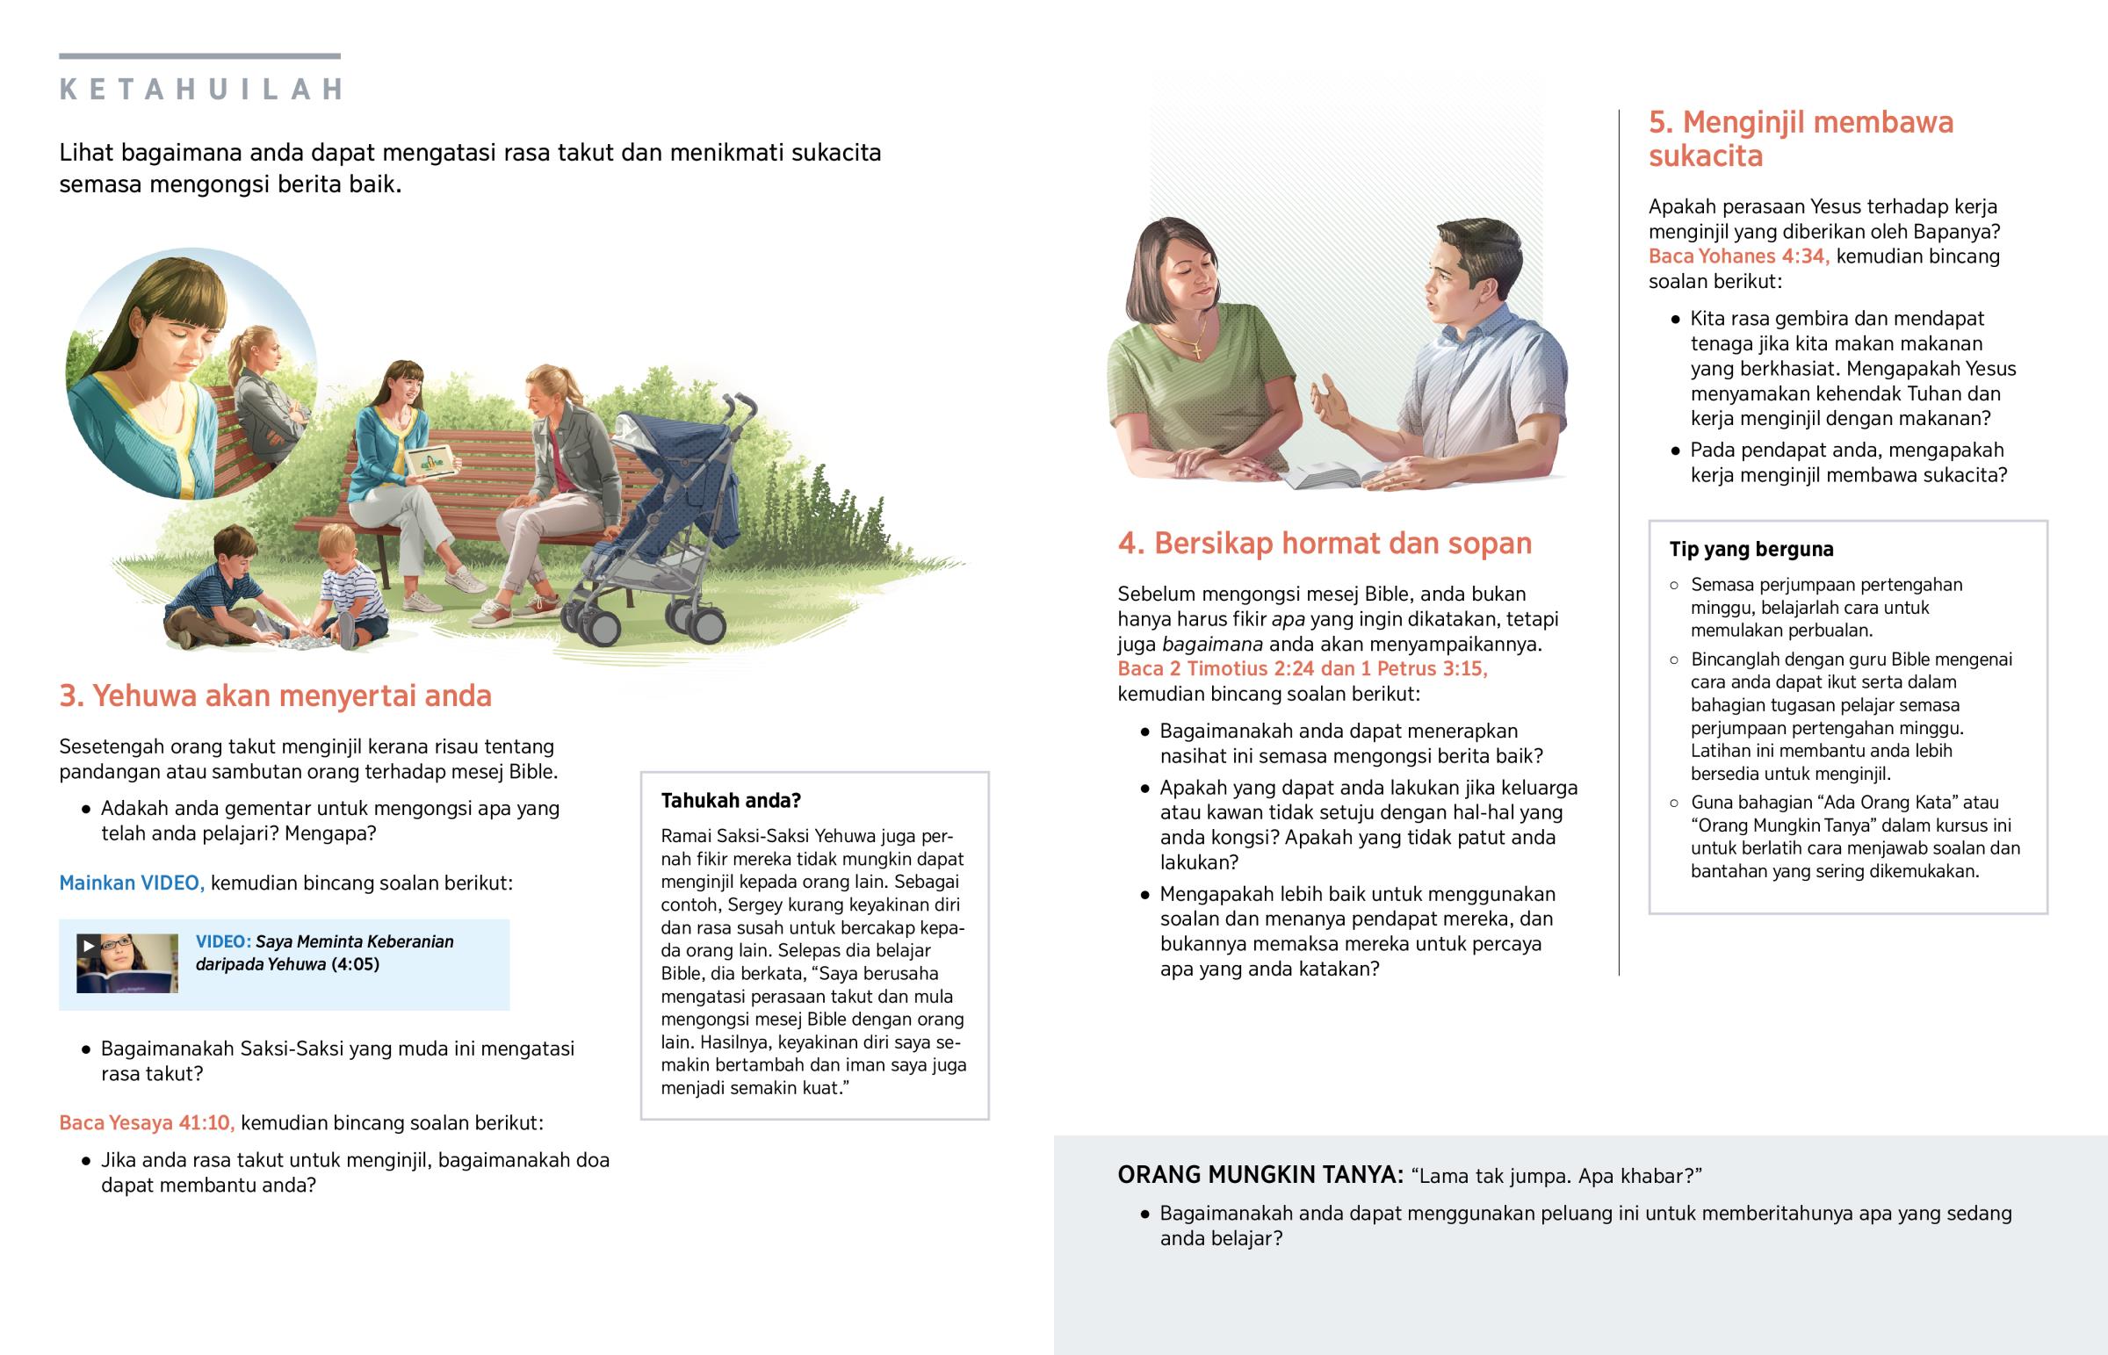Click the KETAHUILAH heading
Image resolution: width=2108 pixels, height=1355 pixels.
coord(201,90)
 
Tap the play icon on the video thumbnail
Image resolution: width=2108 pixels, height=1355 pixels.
coord(88,946)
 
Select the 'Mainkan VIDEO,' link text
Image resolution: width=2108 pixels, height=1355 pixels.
coord(131,883)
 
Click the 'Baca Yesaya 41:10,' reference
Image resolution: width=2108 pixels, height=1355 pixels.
coord(146,1122)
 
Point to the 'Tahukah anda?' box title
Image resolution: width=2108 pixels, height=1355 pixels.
coord(730,801)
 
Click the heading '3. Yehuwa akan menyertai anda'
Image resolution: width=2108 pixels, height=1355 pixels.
coord(275,696)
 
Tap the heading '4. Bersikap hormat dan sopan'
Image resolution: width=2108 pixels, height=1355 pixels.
coord(1325,544)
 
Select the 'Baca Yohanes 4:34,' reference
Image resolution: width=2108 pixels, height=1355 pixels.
coord(1738,256)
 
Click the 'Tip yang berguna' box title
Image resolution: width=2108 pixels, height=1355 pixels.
coord(1751,549)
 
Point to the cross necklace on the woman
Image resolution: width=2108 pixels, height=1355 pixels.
coord(1196,352)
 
